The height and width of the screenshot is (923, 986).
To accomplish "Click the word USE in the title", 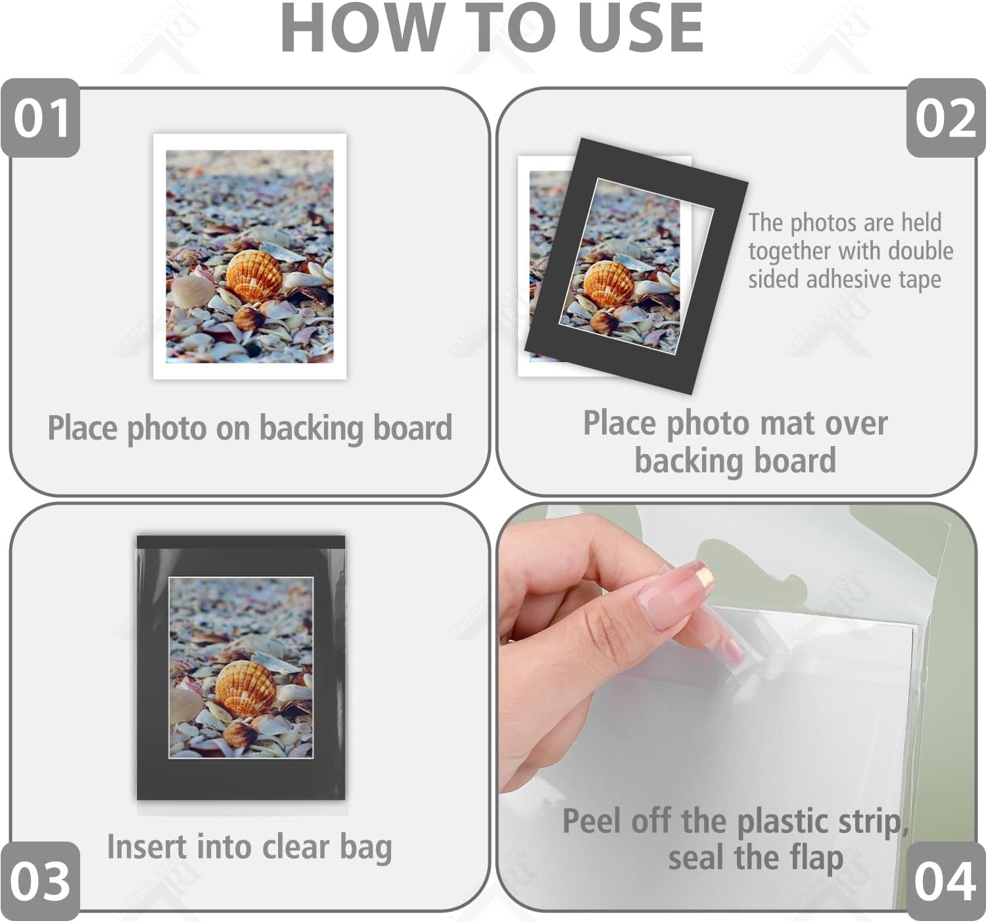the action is tap(641, 28).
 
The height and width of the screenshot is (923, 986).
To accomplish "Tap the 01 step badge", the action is tap(41, 118).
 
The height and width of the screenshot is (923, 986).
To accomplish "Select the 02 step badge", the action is tap(946, 118).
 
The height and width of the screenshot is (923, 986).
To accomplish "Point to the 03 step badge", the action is tap(41, 882).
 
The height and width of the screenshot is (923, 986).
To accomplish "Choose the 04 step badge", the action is tap(946, 882).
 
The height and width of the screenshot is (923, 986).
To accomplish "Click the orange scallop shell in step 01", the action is tap(254, 276).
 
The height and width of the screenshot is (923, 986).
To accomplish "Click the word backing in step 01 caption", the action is tap(312, 428).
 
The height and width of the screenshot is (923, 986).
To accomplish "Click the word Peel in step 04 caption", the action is tap(592, 821).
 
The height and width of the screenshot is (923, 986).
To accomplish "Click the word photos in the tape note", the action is tap(823, 223).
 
